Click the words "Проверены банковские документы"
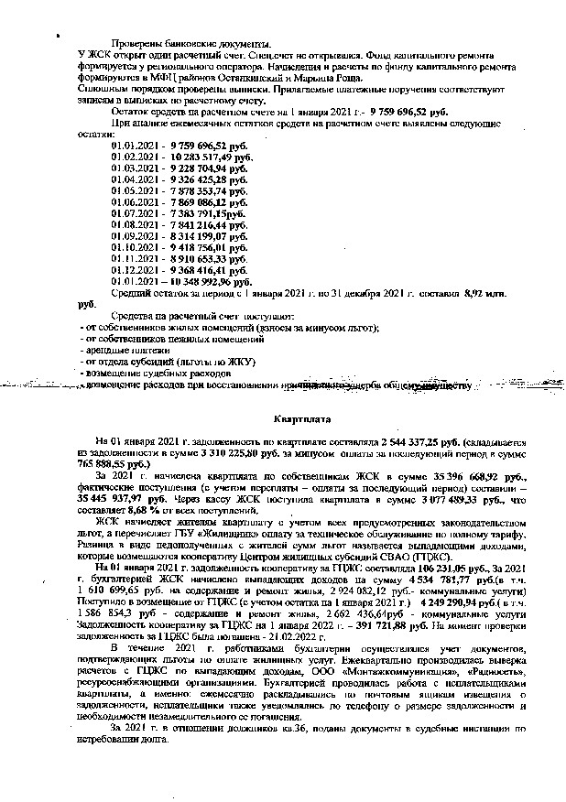click(x=190, y=45)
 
